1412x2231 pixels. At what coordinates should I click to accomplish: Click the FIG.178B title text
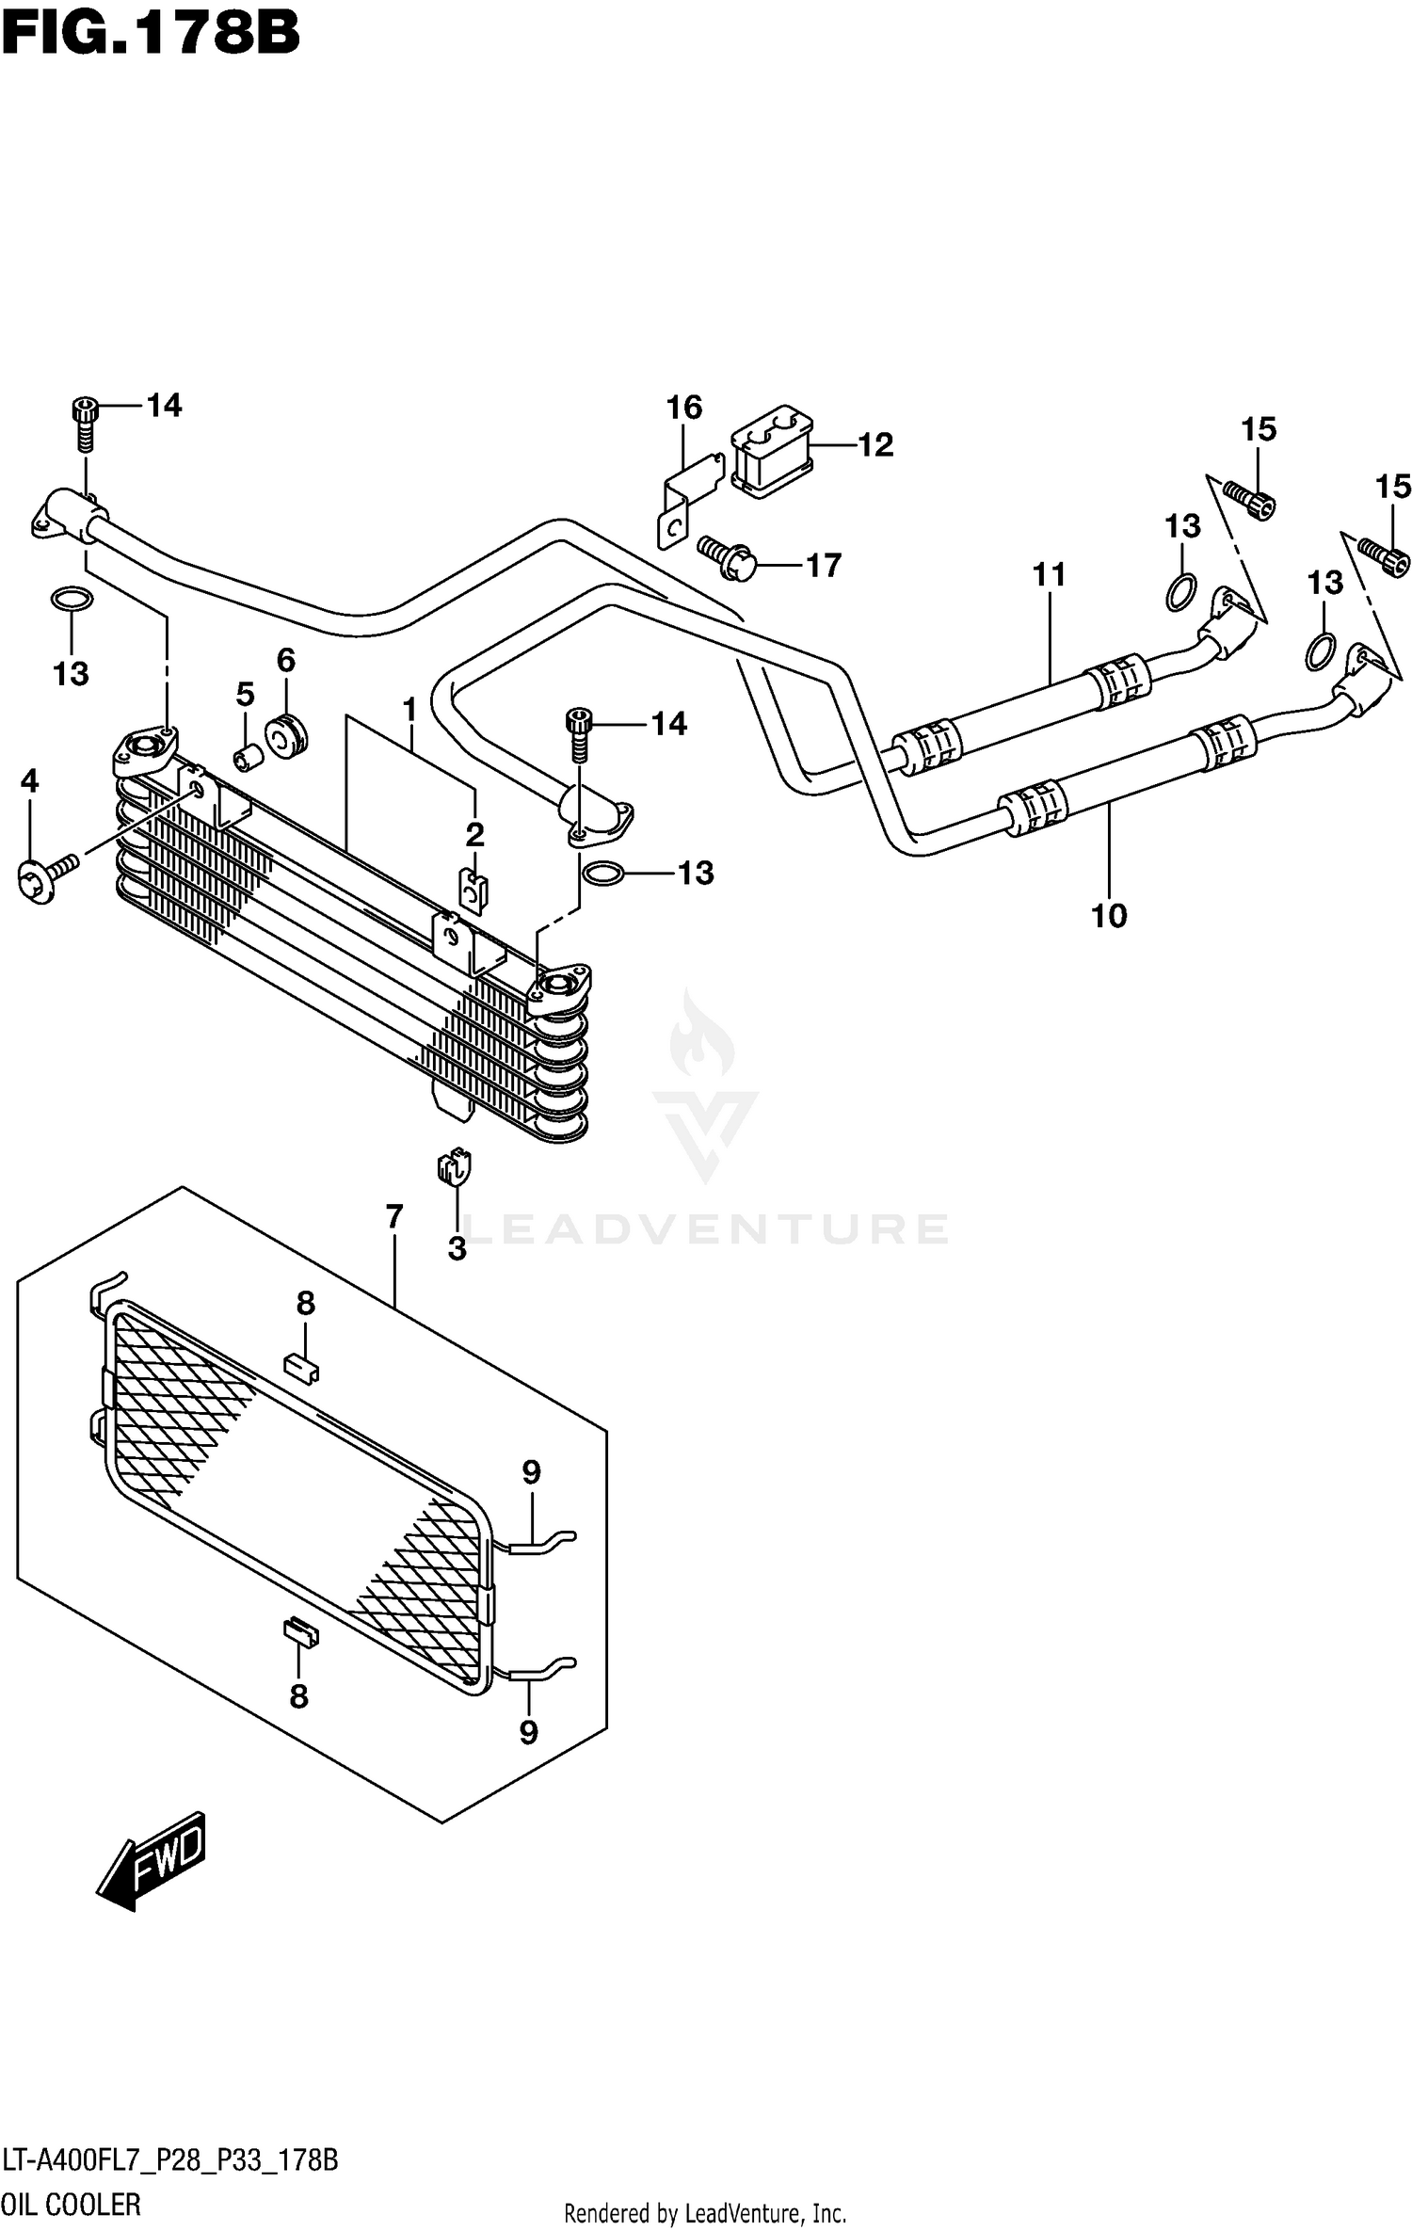[x=151, y=35]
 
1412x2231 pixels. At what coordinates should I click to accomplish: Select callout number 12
[x=874, y=445]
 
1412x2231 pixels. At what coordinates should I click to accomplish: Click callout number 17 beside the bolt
[x=823, y=566]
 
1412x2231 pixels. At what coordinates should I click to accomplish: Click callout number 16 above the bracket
[x=684, y=408]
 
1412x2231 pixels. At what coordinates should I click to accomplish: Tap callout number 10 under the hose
[x=1109, y=915]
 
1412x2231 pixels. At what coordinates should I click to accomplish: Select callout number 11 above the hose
[x=1049, y=574]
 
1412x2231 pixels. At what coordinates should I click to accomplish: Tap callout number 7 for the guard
[x=393, y=1217]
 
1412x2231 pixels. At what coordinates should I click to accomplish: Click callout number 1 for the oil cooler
[x=409, y=710]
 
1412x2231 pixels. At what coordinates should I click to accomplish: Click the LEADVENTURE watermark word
[x=706, y=1229]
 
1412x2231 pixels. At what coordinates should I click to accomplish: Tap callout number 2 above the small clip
[x=474, y=834]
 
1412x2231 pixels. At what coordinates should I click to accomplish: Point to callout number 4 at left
[x=29, y=780]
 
